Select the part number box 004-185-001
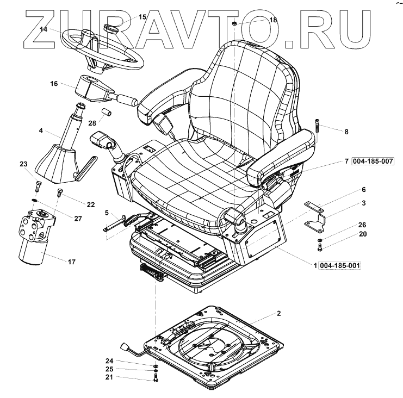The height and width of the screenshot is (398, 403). pyautogui.click(x=340, y=265)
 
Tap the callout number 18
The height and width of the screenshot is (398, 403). pyautogui.click(x=273, y=20)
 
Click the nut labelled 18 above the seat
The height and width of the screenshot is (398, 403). pyautogui.click(x=234, y=23)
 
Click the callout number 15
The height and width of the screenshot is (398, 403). pyautogui.click(x=142, y=17)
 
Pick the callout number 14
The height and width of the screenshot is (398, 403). pyautogui.click(x=43, y=30)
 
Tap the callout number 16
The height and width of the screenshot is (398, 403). pyautogui.click(x=54, y=84)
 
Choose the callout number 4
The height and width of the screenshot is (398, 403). pyautogui.click(x=40, y=130)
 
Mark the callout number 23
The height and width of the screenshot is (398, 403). pyautogui.click(x=23, y=164)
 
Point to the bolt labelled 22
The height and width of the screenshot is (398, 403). pyautogui.click(x=59, y=191)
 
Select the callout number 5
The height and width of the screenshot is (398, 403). pyautogui.click(x=107, y=212)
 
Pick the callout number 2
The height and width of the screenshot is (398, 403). pyautogui.click(x=278, y=314)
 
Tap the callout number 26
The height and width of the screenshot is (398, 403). pyautogui.click(x=346, y=225)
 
